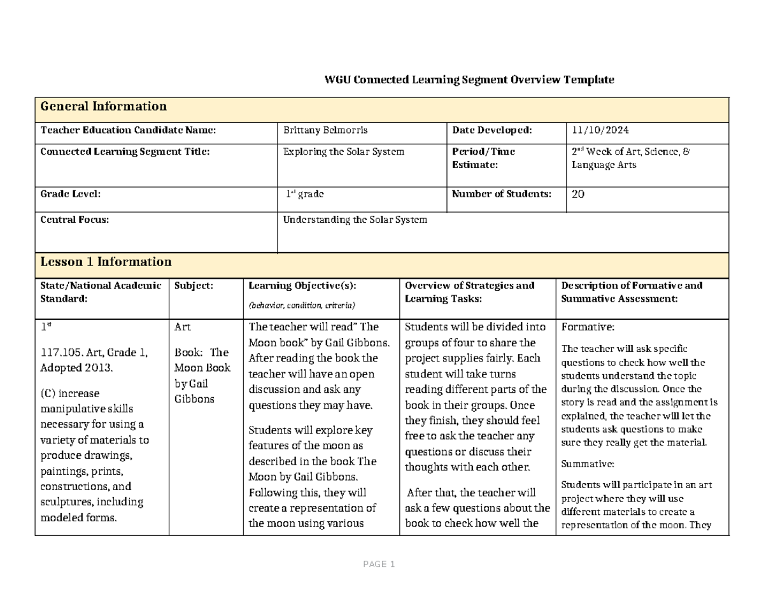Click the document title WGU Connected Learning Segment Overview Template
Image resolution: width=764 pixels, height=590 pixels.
pos(469,80)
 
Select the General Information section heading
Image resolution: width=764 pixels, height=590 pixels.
pos(103,107)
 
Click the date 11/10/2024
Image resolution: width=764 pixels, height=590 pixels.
pos(600,130)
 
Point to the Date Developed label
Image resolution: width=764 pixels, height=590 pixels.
pos(492,130)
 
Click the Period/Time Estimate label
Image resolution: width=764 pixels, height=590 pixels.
pos(483,158)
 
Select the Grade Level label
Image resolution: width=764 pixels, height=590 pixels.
pos(70,194)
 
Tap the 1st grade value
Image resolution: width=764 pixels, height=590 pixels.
pos(305,195)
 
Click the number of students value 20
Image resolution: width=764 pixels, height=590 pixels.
pos(578,195)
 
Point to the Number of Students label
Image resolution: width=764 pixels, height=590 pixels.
pos(502,194)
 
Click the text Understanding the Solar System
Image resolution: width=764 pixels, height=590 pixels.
pos(355,220)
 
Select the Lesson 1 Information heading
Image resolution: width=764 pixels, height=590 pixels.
pos(106,262)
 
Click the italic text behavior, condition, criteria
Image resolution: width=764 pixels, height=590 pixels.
pos(302,306)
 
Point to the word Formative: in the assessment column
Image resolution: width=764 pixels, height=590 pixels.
pos(588,328)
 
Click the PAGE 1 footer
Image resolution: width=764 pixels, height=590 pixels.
pos(379,565)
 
